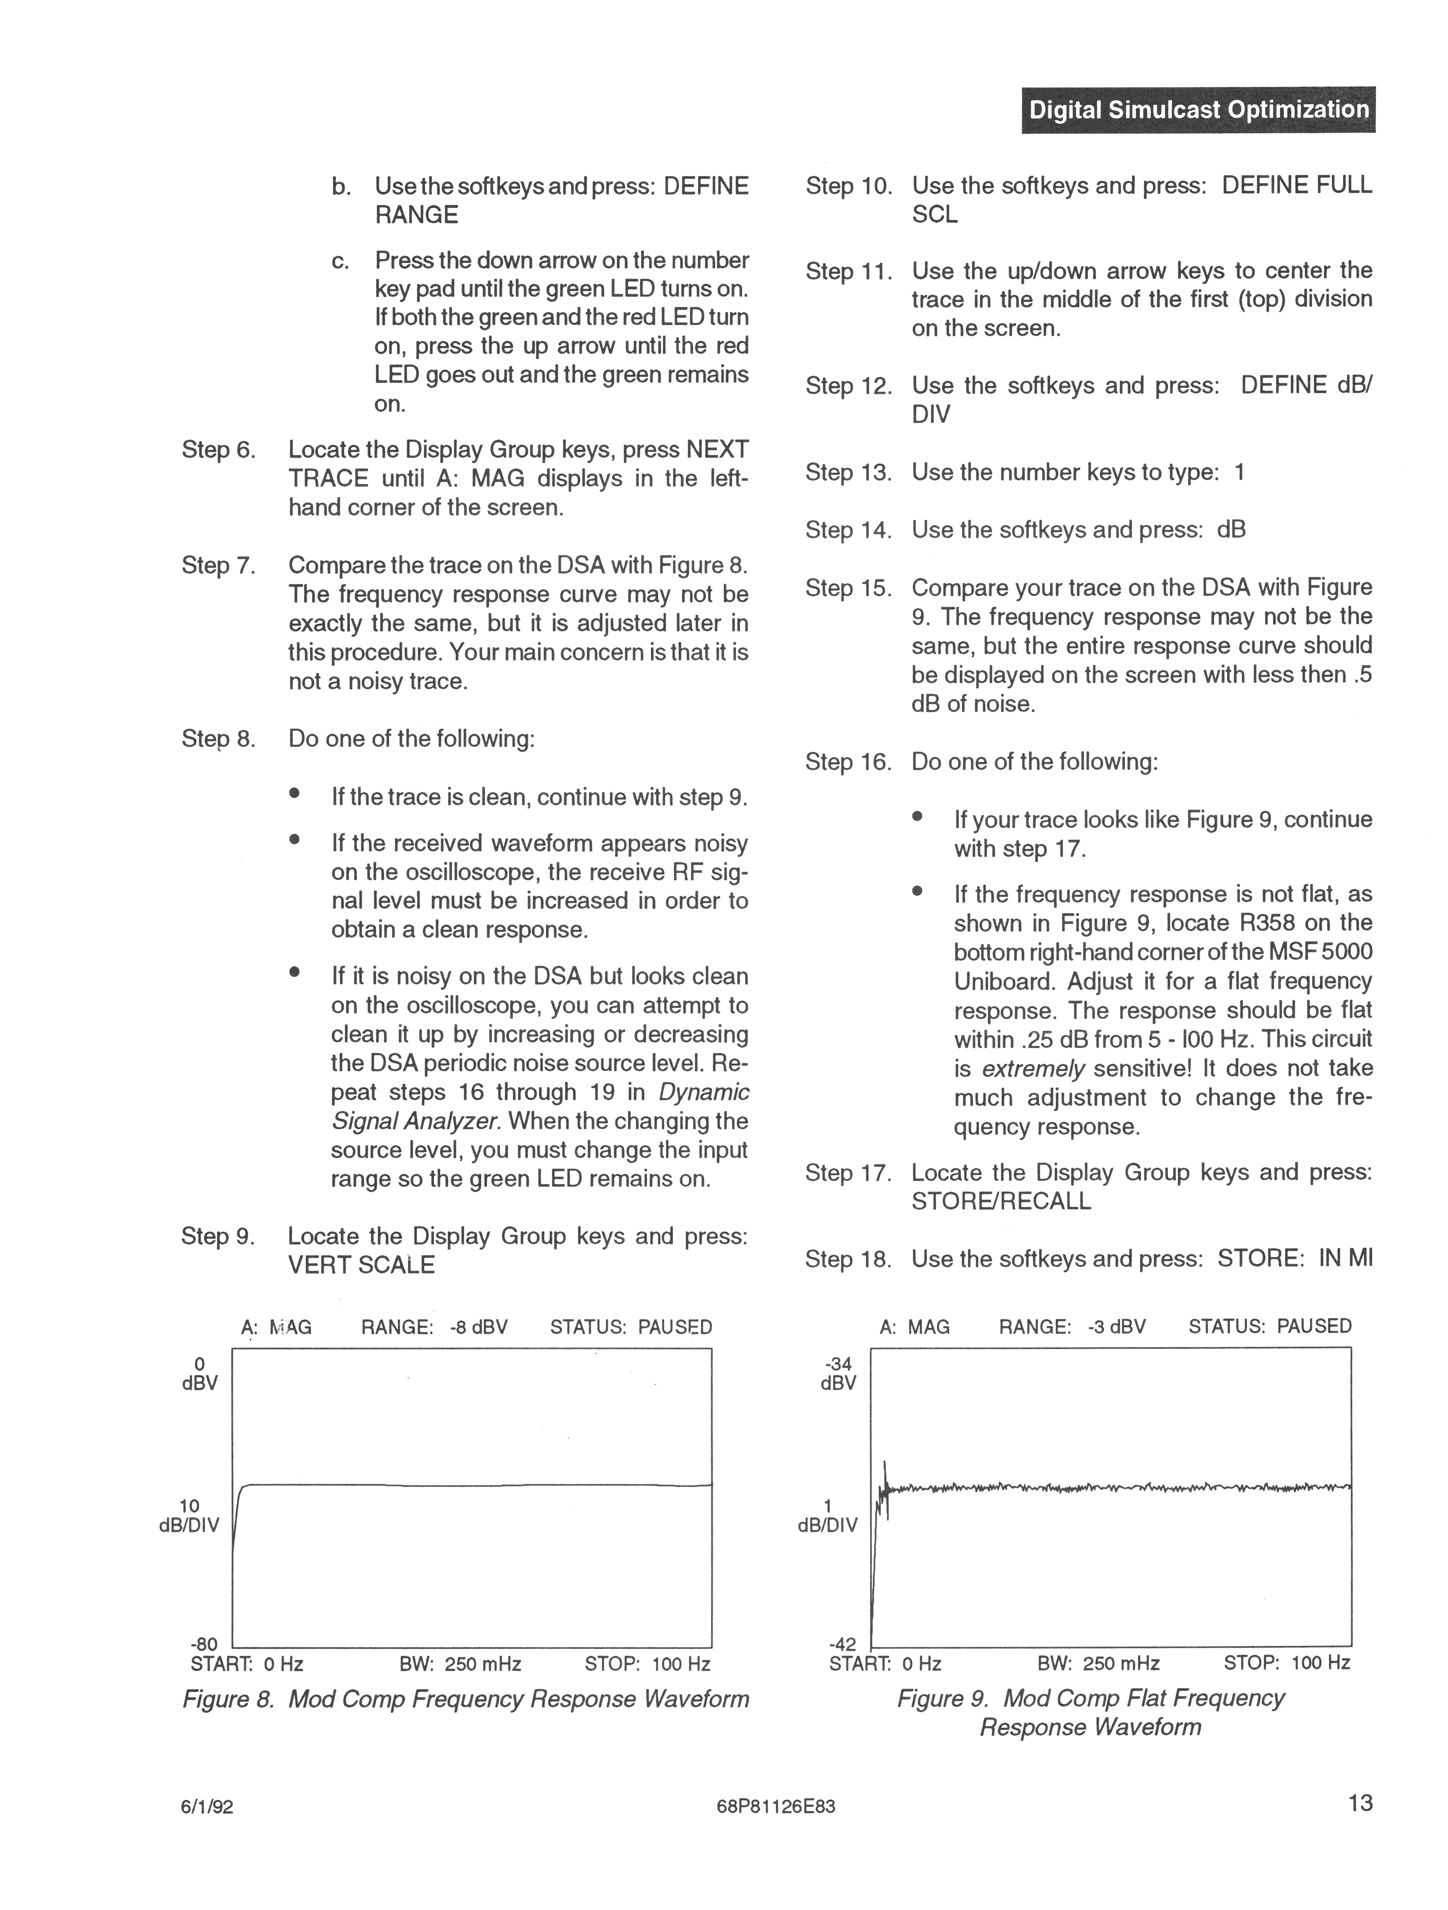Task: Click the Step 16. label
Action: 848,762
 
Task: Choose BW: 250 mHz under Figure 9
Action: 1098,1663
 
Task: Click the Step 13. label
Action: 848,472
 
